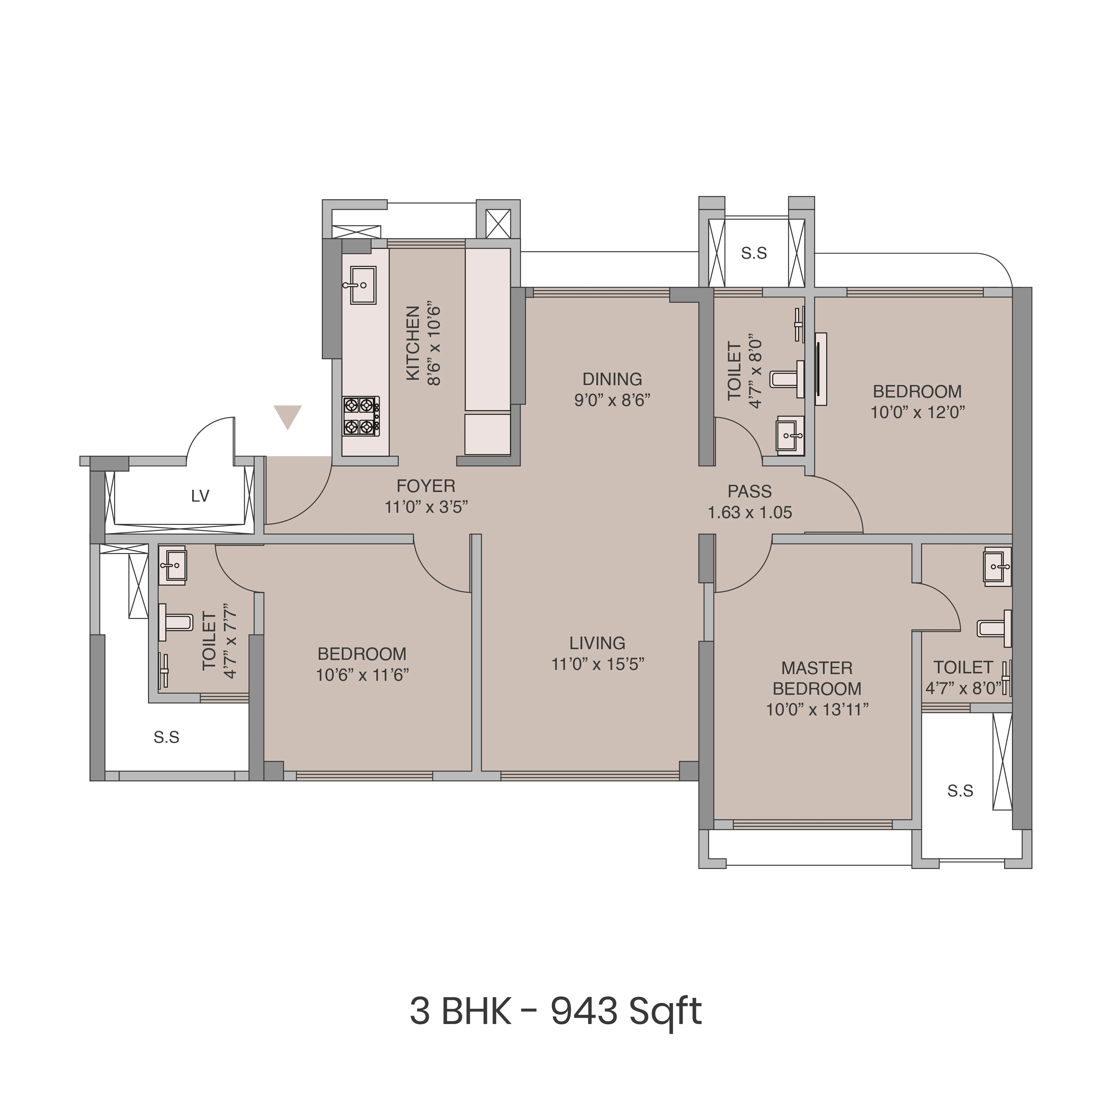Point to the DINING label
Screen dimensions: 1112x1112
[612, 379]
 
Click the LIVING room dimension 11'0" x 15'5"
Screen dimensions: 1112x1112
[597, 664]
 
